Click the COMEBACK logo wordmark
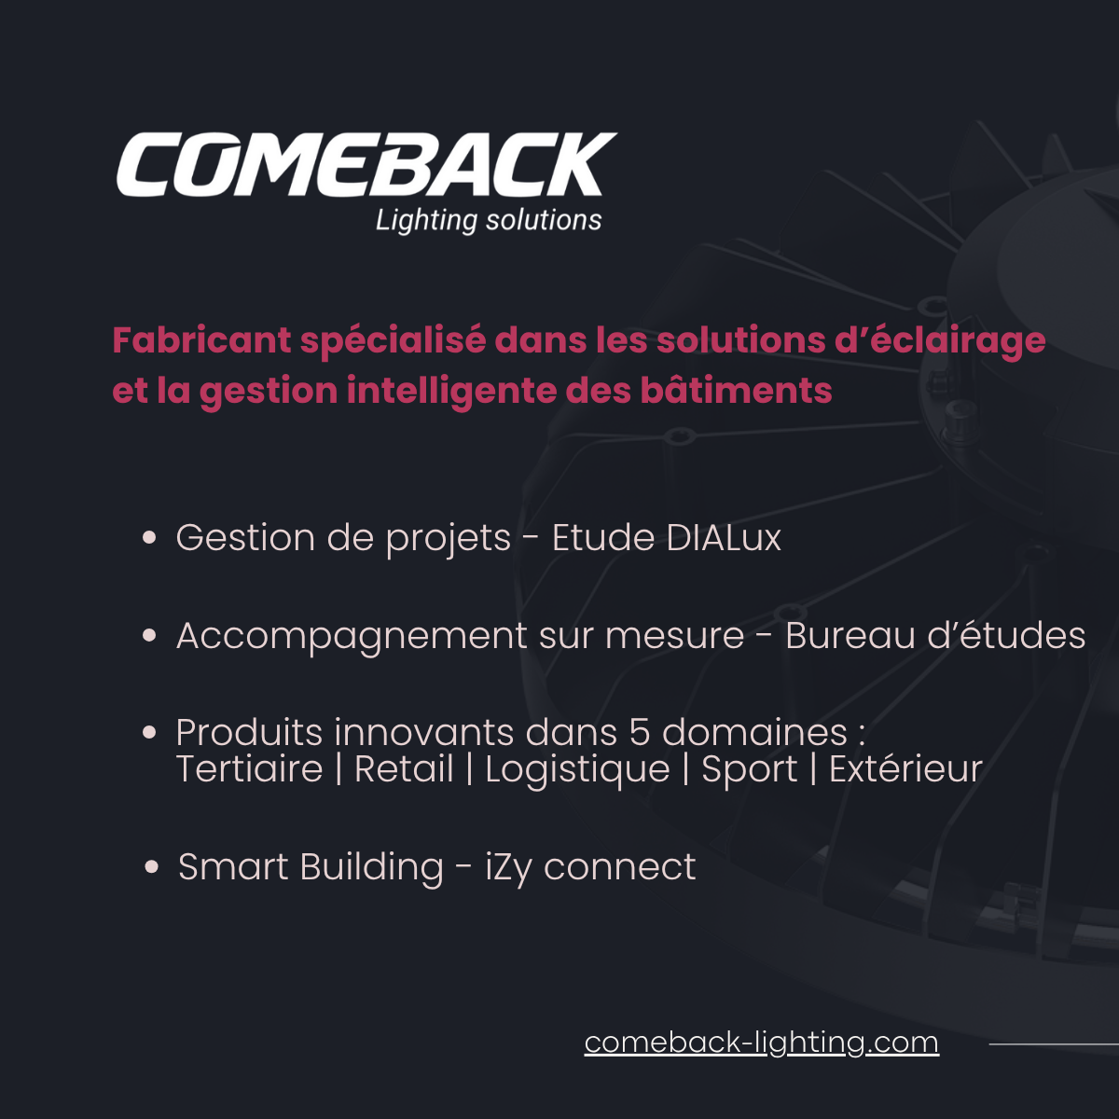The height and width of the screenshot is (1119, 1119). pyautogui.click(x=366, y=164)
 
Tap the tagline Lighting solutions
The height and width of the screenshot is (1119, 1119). pyautogui.click(x=489, y=220)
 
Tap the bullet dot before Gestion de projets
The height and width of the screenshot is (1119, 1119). pyautogui.click(x=149, y=537)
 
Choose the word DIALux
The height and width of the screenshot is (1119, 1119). pyautogui.click(x=724, y=538)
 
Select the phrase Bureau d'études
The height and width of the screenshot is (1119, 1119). pyautogui.click(x=935, y=636)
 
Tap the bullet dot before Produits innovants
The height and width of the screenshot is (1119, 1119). pyautogui.click(x=149, y=733)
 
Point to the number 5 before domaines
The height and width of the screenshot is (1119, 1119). pyautogui.click(x=640, y=733)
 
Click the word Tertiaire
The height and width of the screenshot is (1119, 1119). pyautogui.click(x=249, y=770)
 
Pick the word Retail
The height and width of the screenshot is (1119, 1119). pyautogui.click(x=404, y=770)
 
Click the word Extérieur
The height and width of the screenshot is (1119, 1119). pyautogui.click(x=905, y=770)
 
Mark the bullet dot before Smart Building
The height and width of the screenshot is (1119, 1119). pyautogui.click(x=152, y=867)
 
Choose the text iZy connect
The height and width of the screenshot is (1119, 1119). pyautogui.click(x=590, y=868)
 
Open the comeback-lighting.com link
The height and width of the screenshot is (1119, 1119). pyautogui.click(x=761, y=1043)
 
